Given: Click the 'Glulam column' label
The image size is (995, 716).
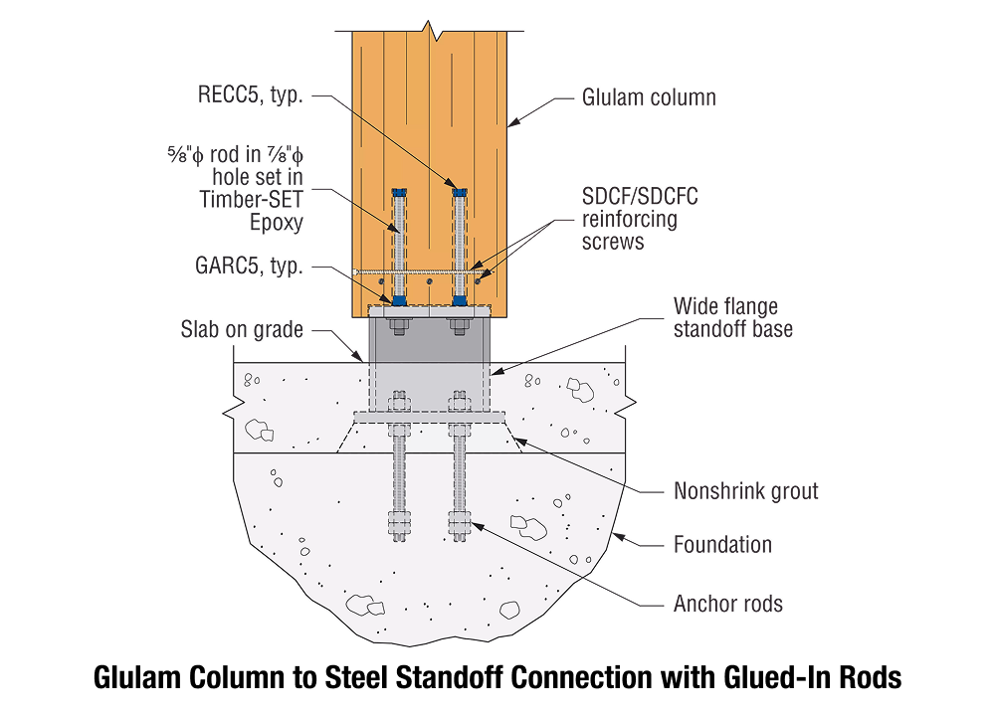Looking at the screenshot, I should (649, 97).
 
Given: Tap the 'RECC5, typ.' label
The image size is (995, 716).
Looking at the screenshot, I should (250, 94).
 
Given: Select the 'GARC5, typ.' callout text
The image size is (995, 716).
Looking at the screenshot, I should (248, 267).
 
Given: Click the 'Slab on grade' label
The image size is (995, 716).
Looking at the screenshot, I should (242, 329).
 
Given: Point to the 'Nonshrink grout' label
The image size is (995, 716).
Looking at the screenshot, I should (745, 490).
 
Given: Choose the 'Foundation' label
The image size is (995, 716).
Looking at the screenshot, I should (722, 544).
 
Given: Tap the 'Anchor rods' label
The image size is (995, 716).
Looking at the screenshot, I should (728, 604).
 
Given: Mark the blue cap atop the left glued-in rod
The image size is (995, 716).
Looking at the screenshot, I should (399, 192).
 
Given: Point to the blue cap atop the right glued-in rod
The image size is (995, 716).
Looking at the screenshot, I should (459, 192).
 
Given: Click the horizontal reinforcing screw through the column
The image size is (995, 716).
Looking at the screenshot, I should (418, 272).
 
